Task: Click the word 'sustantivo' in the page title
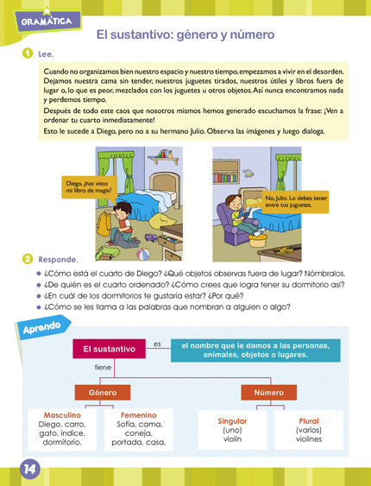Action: (168, 35)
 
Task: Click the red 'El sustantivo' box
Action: (109, 349)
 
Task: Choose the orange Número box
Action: (268, 393)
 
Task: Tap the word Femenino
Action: (138, 415)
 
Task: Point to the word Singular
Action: (232, 421)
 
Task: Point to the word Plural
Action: (309, 421)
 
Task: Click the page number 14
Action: (29, 470)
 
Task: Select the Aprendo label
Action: (41, 327)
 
